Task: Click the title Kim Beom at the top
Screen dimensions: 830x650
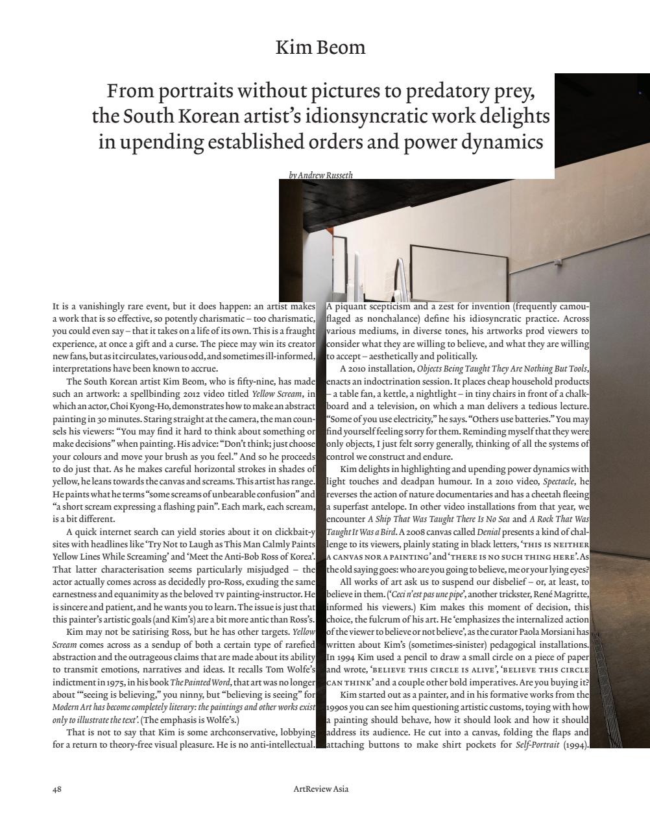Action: click(x=320, y=47)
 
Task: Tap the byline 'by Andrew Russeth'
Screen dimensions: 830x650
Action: click(x=320, y=174)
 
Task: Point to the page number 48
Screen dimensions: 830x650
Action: click(x=56, y=789)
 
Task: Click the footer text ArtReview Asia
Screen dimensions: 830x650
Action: click(x=320, y=789)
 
